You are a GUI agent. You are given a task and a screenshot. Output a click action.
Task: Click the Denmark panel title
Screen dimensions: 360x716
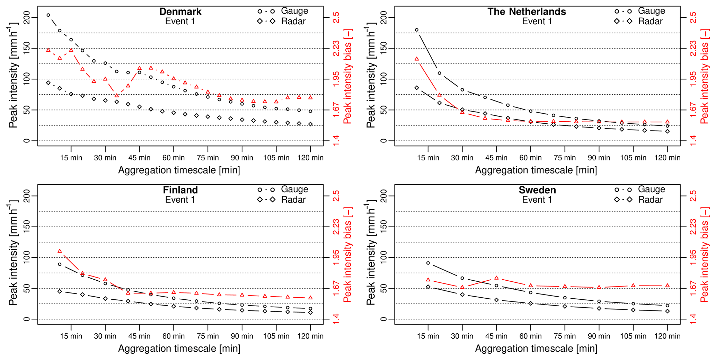[180, 11]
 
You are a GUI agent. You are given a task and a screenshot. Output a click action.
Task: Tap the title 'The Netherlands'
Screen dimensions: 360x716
[527, 11]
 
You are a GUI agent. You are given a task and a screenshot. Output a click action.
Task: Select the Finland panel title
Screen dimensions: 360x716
[180, 190]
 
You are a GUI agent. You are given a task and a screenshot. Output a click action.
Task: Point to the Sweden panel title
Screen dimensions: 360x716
[537, 190]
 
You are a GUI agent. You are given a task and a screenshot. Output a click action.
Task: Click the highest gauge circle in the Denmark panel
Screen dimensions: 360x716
[48, 15]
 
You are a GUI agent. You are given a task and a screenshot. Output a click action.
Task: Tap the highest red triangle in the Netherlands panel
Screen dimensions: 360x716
[416, 59]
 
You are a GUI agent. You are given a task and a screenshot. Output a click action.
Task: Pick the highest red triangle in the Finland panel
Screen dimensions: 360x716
[60, 251]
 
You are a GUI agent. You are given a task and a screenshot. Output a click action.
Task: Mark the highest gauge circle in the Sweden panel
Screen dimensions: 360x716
[428, 263]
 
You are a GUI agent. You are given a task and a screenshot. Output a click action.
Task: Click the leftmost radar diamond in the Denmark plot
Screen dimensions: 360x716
[48, 83]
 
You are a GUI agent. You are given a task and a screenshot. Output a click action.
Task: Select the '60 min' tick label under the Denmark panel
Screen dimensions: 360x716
[174, 158]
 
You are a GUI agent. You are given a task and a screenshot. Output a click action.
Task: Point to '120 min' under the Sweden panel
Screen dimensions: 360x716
[667, 336]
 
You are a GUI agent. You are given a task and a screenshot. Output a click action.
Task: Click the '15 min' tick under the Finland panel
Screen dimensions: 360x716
[71, 336]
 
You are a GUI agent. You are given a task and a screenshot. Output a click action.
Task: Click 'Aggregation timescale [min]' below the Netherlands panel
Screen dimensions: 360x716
[536, 170]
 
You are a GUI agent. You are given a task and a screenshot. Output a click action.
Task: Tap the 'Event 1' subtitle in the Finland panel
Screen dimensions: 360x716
[180, 200]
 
